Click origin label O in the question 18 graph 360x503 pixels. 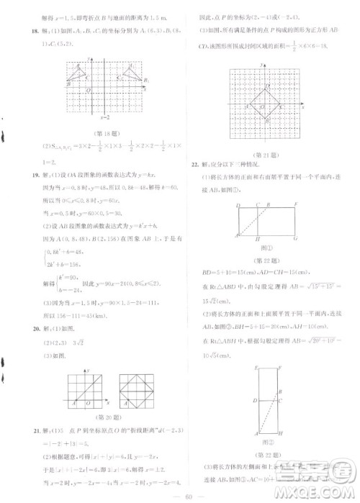pyautogui.click(x=87, y=91)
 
